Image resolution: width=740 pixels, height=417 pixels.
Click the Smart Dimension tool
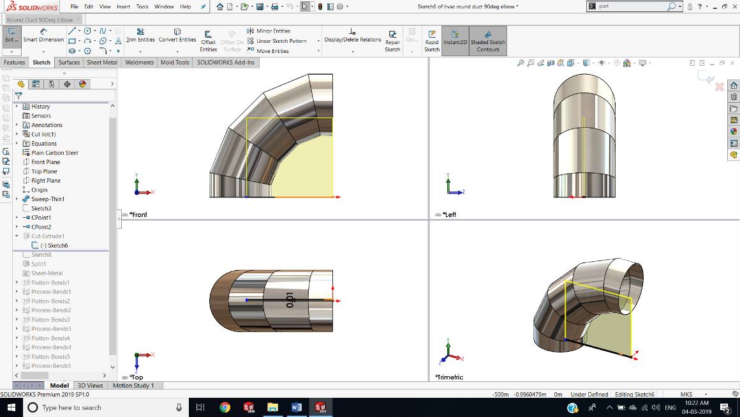43,36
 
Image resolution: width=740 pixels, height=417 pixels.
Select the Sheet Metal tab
102,63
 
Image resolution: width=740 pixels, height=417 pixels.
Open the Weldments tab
139,63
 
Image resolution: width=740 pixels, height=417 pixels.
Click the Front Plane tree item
45,162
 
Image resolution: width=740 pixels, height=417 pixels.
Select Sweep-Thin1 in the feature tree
48,199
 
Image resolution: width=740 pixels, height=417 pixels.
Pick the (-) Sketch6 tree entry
54,246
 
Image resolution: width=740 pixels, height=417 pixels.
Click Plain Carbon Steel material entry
54,153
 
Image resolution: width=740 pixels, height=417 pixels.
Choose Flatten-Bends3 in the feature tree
50,319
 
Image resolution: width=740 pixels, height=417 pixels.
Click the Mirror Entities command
273,31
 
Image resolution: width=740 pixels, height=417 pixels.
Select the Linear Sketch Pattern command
281,41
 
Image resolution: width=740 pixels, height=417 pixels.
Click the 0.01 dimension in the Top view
290,299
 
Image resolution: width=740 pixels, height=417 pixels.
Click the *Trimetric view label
450,377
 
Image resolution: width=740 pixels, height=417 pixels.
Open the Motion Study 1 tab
133,386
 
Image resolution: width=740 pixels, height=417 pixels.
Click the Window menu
164,6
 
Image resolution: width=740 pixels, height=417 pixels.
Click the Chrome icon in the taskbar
225,407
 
